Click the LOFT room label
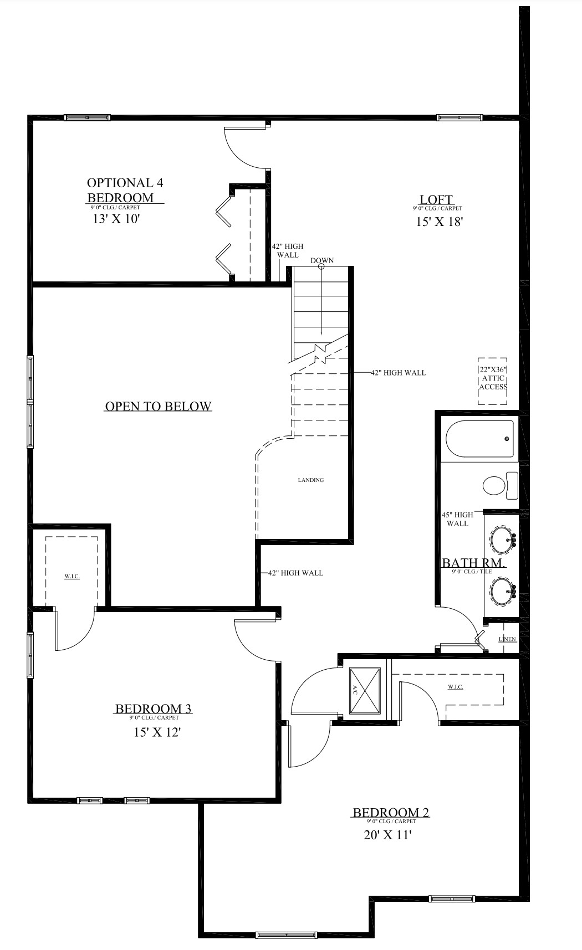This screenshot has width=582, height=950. pyautogui.click(x=436, y=199)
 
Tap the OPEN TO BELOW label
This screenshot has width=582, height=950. pyautogui.click(x=158, y=407)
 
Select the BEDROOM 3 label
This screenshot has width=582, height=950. pyautogui.click(x=153, y=708)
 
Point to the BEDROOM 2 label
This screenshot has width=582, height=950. pyautogui.click(x=391, y=813)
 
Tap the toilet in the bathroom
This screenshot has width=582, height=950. pyautogui.click(x=498, y=485)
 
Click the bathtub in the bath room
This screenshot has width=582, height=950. pyautogui.click(x=480, y=439)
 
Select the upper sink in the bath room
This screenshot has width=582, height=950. pyautogui.click(x=502, y=539)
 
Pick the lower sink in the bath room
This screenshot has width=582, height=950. pyautogui.click(x=502, y=590)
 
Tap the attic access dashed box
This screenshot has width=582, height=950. pyautogui.click(x=493, y=380)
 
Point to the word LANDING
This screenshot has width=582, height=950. pyautogui.click(x=310, y=480)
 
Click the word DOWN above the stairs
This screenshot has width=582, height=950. pyautogui.click(x=322, y=260)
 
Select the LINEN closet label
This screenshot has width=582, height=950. pyautogui.click(x=507, y=639)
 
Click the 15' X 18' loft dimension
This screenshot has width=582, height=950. pyautogui.click(x=439, y=222)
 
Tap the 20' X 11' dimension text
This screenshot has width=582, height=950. pyautogui.click(x=387, y=835)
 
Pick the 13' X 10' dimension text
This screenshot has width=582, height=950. pyautogui.click(x=115, y=218)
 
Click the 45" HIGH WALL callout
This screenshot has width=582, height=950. pyautogui.click(x=457, y=519)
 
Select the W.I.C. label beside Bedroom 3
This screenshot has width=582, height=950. pyautogui.click(x=72, y=577)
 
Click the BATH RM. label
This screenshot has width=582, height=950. pyautogui.click(x=474, y=563)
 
